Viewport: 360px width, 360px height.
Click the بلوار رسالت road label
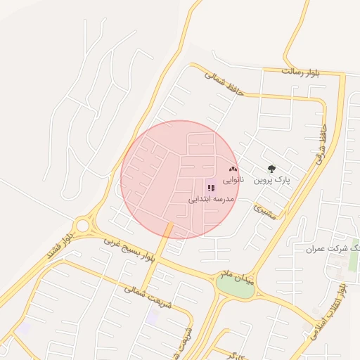[300, 72]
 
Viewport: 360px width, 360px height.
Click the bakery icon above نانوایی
[233, 169]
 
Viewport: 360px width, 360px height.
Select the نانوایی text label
[234, 181]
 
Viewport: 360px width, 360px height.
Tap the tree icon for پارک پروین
[272, 169]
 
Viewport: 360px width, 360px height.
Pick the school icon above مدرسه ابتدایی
[211, 188]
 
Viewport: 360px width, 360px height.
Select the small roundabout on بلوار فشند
[84, 226]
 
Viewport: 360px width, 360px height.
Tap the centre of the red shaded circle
[180, 179]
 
